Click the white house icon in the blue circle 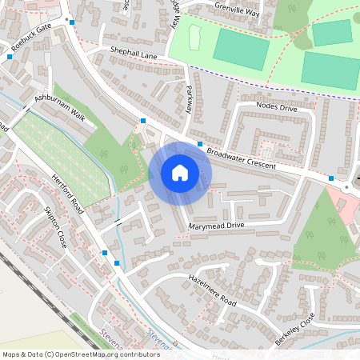(180, 172)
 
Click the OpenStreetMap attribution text (81, 354)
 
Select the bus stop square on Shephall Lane (142, 120)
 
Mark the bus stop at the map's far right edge (331, 177)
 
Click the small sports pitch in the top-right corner (331, 33)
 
